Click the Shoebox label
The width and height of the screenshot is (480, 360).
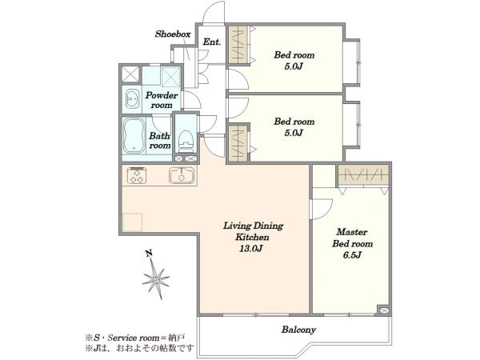point(173,34)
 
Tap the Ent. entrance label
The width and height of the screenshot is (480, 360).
point(211,42)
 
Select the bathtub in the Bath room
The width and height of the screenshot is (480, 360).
point(134,136)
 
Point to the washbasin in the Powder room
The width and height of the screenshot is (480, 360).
point(133,99)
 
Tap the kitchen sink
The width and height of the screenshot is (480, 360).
point(182,175)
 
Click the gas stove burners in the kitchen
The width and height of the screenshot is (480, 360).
point(137,174)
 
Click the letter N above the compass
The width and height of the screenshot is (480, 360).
point(149,253)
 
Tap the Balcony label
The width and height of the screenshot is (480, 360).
point(298,330)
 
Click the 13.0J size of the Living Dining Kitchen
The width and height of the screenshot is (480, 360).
point(250,249)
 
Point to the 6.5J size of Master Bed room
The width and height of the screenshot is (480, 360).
point(352,255)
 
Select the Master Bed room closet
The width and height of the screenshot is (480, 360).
point(363,175)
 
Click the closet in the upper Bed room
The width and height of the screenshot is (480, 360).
point(238,45)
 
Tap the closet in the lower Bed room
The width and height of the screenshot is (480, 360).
point(238,143)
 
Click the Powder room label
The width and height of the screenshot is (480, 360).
point(162,100)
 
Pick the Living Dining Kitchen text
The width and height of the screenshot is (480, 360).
point(253,231)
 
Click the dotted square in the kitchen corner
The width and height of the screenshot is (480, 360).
point(132,222)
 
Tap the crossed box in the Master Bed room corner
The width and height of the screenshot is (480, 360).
point(383,310)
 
